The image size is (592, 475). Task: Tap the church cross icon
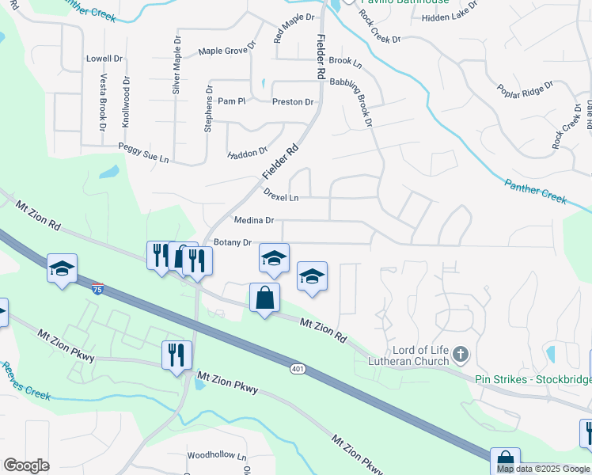[x=463, y=353]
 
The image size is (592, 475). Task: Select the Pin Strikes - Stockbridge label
[x=532, y=379]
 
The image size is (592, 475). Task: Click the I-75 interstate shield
[x=97, y=290]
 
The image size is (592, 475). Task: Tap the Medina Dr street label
[x=254, y=221]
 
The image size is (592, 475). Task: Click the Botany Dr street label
[x=233, y=242]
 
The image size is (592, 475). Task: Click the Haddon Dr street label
[x=248, y=153]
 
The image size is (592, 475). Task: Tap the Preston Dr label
[x=293, y=102]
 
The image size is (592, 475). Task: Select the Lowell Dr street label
[x=104, y=59]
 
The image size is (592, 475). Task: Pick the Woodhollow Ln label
[x=217, y=457]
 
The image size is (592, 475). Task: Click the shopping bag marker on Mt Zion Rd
[x=264, y=298]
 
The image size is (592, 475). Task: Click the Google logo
[x=26, y=465]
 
